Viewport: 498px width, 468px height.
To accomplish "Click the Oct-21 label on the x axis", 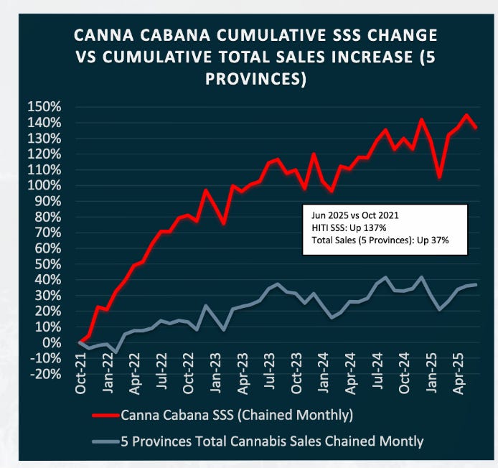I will pyautogui.click(x=80, y=398).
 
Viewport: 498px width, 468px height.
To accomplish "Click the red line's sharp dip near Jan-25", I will pyautogui.click(x=439, y=177).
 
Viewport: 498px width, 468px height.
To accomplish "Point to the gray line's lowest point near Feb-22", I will pyautogui.click(x=116, y=352).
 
